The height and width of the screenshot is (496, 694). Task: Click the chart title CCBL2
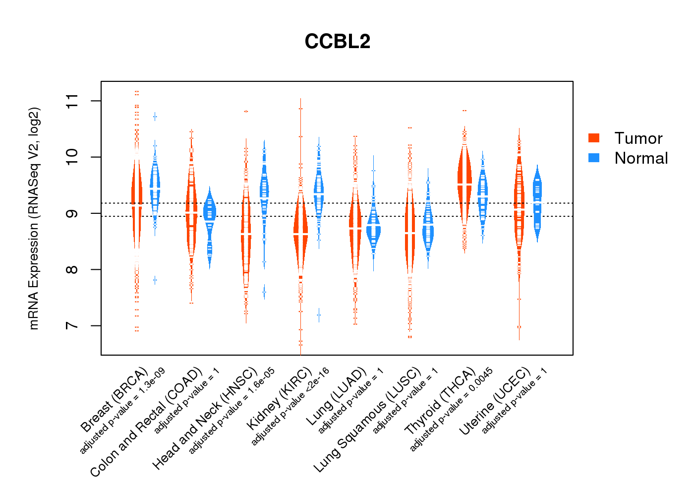tap(338, 42)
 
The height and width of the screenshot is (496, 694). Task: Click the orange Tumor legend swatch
tap(594, 138)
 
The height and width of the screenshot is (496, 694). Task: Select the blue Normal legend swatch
tap(594, 158)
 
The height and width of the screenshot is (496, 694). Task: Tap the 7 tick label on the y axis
tap(72, 326)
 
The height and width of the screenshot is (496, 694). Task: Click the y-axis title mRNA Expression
tap(34, 218)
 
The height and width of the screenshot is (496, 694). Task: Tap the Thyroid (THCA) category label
tap(440, 402)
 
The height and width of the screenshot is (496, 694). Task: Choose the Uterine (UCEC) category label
tap(495, 402)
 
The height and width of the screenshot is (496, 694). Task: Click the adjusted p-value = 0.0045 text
tap(452, 410)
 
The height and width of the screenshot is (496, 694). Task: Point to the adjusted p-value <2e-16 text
tap(290, 407)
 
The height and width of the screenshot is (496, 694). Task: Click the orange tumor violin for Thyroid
tap(464, 184)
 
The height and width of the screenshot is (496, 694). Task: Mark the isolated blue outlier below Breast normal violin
tap(155, 280)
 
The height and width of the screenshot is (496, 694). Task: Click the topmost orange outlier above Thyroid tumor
tap(464, 111)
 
